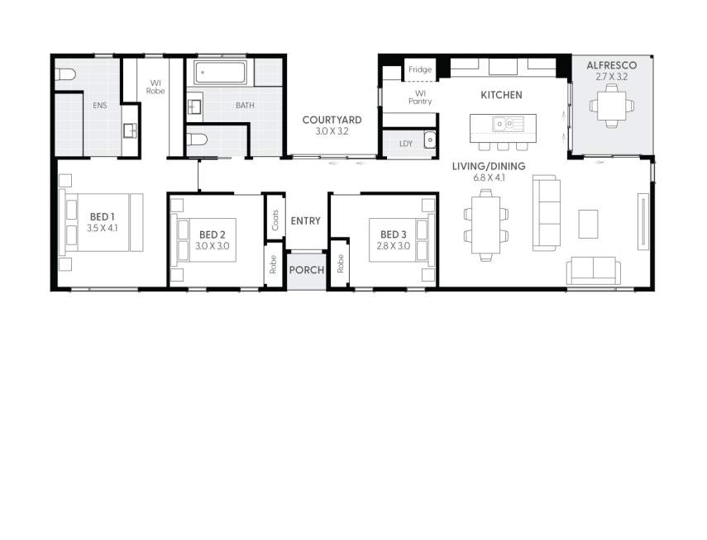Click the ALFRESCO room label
pos(611,64)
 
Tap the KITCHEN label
pos(501,95)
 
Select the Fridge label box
pos(419,70)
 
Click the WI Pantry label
pos(419,97)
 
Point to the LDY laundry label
pos(405,144)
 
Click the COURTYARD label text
pos(332,120)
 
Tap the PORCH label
pos(306,270)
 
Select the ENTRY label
pos(305,220)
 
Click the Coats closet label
pos(275,220)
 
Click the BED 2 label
pos(213,234)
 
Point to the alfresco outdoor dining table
pos(611,106)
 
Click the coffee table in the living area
pos(588,223)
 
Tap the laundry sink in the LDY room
pos(429,140)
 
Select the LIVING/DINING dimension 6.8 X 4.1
pos(489,178)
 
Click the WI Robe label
pos(155,87)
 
